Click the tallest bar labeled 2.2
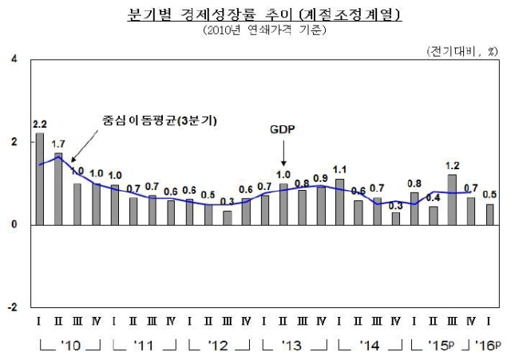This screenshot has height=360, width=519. click(x=39, y=179)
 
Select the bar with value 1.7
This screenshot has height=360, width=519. click(x=58, y=189)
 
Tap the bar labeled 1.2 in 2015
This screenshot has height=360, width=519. click(x=452, y=200)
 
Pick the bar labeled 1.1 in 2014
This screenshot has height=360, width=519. click(x=339, y=202)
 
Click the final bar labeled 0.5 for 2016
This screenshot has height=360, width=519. click(x=489, y=214)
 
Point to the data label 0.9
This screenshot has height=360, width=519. click(x=320, y=177)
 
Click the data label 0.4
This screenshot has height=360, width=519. click(x=434, y=197)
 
